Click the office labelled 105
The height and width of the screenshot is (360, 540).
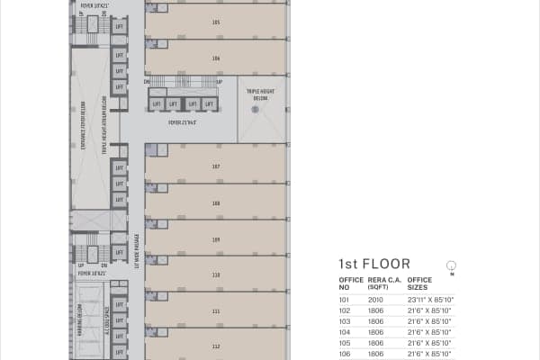(x=216, y=22)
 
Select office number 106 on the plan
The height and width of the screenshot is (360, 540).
(x=216, y=58)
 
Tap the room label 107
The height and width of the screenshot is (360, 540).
(x=216, y=166)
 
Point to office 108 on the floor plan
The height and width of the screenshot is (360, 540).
(x=216, y=203)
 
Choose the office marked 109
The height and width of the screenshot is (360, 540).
(x=216, y=239)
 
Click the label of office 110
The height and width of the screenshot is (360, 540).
(x=216, y=274)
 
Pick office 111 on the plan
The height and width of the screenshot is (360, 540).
(x=216, y=310)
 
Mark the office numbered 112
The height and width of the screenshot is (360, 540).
(x=216, y=346)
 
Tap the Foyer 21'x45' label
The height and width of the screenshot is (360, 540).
(x=182, y=122)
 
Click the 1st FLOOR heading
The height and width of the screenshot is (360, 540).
(x=373, y=264)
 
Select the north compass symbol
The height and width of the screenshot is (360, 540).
(x=452, y=265)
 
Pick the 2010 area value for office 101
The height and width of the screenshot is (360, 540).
(x=375, y=299)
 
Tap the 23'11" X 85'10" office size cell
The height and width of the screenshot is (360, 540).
(x=430, y=299)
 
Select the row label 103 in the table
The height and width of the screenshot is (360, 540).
(x=344, y=321)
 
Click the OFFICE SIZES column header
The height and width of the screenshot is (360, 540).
(x=420, y=283)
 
